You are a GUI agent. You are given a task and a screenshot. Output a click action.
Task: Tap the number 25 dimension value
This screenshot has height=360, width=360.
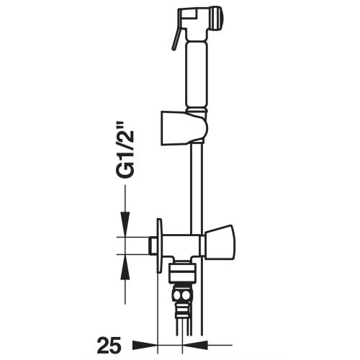pyautogui.click(x=109, y=346)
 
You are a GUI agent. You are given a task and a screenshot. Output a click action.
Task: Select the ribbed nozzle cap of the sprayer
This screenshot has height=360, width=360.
pyautogui.click(x=216, y=19)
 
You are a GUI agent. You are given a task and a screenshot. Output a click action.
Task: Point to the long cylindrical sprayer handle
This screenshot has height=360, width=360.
pyautogui.click(x=197, y=75)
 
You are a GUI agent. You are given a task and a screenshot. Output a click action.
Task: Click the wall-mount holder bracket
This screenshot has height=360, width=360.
pyautogui.click(x=184, y=128)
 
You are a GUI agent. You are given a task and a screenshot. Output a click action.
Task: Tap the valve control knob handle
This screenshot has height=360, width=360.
pyautogui.click(x=220, y=243)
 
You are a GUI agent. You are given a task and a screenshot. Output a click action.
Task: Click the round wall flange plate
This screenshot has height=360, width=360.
pyautogui.click(x=159, y=246)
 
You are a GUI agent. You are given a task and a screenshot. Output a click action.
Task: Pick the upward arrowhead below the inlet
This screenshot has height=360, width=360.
pyautogui.click(x=125, y=267)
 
